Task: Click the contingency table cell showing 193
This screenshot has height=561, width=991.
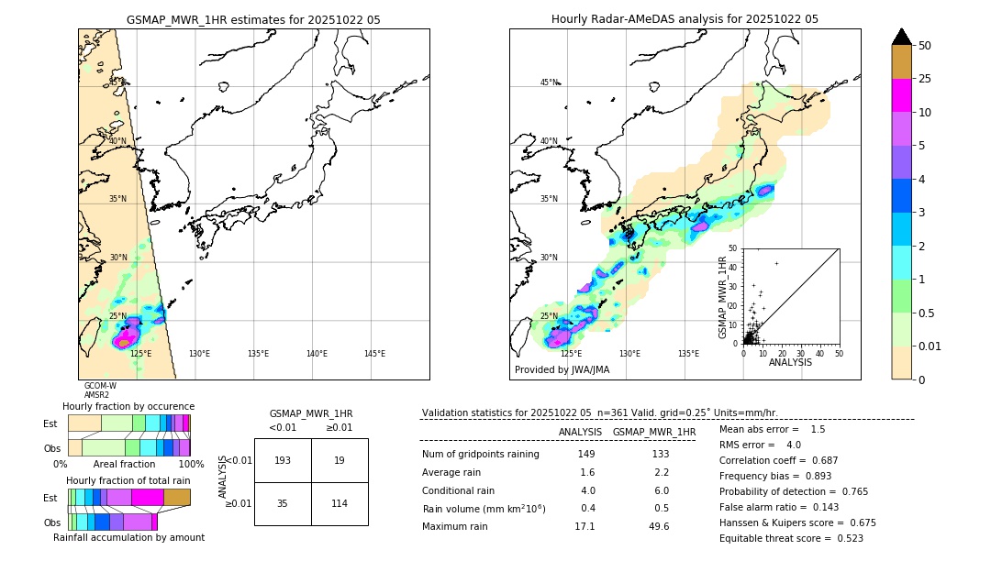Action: [283, 460]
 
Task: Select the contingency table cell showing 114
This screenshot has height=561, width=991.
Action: [340, 503]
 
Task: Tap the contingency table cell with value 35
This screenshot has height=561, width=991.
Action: [283, 503]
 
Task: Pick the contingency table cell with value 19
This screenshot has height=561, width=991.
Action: [340, 460]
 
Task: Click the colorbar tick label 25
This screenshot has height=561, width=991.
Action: [925, 80]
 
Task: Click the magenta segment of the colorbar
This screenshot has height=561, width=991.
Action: [901, 95]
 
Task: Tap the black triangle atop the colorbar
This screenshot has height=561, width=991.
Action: [901, 37]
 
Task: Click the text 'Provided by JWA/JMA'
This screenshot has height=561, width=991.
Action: [562, 370]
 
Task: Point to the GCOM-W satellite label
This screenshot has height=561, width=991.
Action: [100, 386]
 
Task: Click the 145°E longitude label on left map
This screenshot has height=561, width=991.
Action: [374, 354]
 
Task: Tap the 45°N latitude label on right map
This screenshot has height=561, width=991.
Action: [549, 82]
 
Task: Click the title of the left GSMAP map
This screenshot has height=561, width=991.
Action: [253, 19]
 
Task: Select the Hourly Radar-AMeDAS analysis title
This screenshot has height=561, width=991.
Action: [685, 19]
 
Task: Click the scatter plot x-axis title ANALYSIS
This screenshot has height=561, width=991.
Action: [790, 362]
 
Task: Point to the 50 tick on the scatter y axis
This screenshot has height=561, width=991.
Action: [733, 248]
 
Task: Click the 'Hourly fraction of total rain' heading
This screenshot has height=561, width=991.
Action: [128, 480]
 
